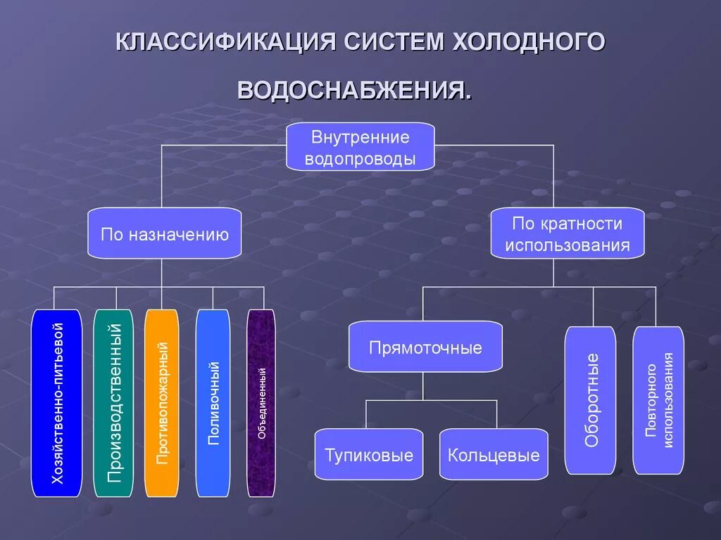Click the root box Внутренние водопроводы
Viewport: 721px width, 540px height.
[x=360, y=146]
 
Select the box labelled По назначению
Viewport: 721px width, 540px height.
[x=164, y=233]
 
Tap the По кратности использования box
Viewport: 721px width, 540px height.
[x=567, y=233]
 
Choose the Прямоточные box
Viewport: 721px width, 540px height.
[x=425, y=347]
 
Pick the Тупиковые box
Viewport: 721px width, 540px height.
[x=369, y=454]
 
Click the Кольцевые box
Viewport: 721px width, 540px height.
[x=494, y=454]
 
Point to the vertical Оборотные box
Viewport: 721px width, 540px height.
[x=590, y=399]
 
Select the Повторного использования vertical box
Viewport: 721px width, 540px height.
[x=658, y=399]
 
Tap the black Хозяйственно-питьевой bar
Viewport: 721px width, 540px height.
[x=57, y=403]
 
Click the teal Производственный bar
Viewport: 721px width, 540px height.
[x=113, y=403]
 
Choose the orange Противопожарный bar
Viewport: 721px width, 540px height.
[x=162, y=403]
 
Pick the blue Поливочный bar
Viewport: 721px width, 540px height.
[x=213, y=403]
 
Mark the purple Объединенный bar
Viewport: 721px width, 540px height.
[x=261, y=403]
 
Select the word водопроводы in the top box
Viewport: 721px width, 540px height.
[x=360, y=158]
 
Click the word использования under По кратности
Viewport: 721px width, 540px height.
[x=567, y=245]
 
